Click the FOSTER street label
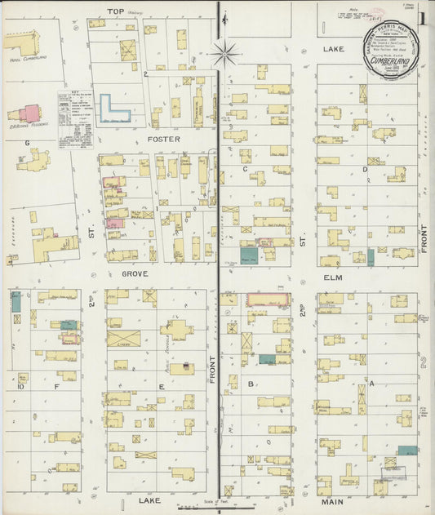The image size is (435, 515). [x=158, y=139]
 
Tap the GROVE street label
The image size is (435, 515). [x=135, y=274]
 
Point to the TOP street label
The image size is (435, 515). [x=115, y=11]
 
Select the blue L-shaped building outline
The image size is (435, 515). [x=115, y=108]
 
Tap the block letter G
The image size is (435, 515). [x=27, y=143]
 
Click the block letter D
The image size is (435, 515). [x=365, y=169]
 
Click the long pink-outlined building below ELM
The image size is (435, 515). [x=269, y=300]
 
